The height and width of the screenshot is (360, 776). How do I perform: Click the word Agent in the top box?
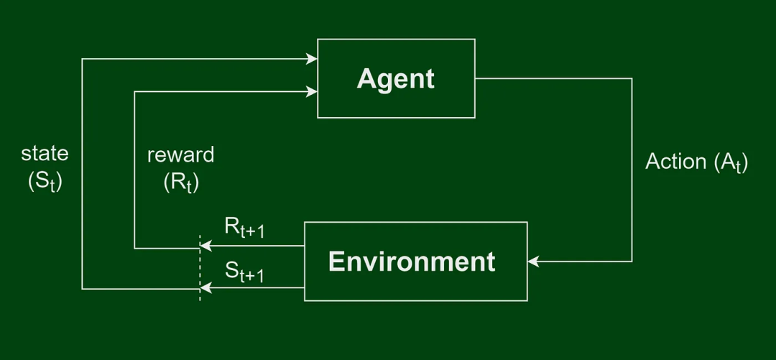click(x=395, y=79)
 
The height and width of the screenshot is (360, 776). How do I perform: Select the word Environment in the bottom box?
click(x=412, y=262)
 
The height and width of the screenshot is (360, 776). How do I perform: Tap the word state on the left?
click(x=45, y=154)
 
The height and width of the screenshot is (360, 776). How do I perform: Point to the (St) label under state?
click(x=45, y=183)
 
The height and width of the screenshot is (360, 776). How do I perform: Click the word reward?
click(x=180, y=155)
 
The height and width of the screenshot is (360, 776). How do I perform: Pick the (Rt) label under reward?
click(x=181, y=183)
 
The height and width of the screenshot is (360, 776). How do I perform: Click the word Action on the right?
click(x=677, y=162)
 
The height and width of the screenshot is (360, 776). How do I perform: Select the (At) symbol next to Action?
click(x=731, y=163)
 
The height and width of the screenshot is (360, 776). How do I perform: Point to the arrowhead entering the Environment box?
click(x=533, y=262)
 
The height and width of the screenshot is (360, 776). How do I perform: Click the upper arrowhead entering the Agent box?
click(x=312, y=59)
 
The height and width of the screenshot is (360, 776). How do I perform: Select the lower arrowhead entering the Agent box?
click(x=312, y=91)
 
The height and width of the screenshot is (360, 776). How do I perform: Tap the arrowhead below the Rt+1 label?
click(x=206, y=245)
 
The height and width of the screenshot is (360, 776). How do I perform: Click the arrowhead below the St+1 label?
click(x=206, y=287)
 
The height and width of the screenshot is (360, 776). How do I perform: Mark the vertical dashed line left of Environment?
click(x=200, y=268)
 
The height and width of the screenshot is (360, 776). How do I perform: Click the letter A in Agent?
click(x=365, y=79)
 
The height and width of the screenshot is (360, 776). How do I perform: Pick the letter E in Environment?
click(x=336, y=262)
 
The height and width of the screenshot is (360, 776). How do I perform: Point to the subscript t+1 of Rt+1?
click(x=252, y=232)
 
